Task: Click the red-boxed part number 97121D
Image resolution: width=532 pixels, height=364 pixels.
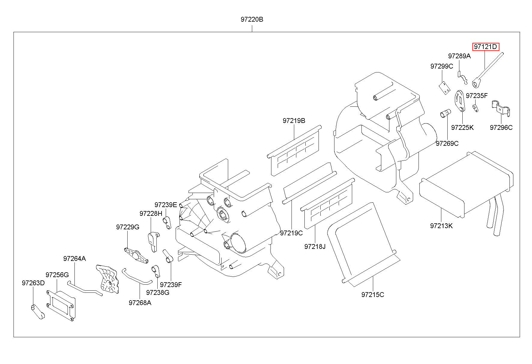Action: tap(485, 47)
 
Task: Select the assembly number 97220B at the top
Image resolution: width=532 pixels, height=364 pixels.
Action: tap(252, 20)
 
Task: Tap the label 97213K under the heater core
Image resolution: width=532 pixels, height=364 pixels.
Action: tap(441, 226)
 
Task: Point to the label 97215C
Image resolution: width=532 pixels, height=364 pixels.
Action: tap(373, 295)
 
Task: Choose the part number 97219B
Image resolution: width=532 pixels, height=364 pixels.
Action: tap(294, 121)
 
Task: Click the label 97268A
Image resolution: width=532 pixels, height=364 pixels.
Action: tap(140, 303)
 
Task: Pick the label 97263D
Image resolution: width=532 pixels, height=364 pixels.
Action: tap(33, 283)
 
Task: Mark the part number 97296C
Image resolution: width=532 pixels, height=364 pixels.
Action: tap(501, 127)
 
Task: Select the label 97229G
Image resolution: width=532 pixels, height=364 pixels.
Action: tap(128, 227)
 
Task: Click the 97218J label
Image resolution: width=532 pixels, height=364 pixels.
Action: tap(315, 246)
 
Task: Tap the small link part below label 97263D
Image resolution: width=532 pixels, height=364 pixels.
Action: tap(38, 312)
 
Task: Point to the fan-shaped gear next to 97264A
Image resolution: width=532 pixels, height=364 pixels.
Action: tap(108, 279)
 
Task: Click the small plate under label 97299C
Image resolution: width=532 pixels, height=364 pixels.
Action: tap(445, 88)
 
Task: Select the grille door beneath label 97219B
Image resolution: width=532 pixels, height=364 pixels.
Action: tap(294, 150)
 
